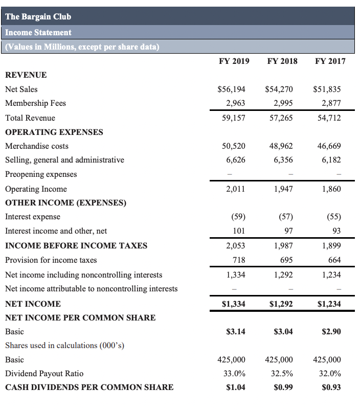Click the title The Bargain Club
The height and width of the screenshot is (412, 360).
(x=38, y=16)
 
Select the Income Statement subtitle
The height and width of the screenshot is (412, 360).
(x=38, y=32)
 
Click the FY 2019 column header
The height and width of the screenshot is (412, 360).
(x=234, y=61)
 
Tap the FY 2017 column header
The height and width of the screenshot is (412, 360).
(x=330, y=61)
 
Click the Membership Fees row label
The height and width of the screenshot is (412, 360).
(x=35, y=103)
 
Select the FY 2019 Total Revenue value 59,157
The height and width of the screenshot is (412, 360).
(x=234, y=118)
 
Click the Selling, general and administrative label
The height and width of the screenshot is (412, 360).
(x=64, y=159)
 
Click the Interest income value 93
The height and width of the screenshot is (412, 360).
(x=336, y=231)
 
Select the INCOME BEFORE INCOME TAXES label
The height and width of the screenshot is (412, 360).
(x=76, y=245)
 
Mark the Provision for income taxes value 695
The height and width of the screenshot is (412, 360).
(x=287, y=260)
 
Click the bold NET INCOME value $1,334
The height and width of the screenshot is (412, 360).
(x=233, y=304)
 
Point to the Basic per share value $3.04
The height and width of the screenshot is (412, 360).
(x=282, y=331)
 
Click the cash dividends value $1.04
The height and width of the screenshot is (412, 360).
(x=235, y=387)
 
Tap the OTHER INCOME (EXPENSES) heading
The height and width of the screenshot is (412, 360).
(x=65, y=202)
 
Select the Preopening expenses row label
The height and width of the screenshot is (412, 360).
(x=41, y=174)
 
